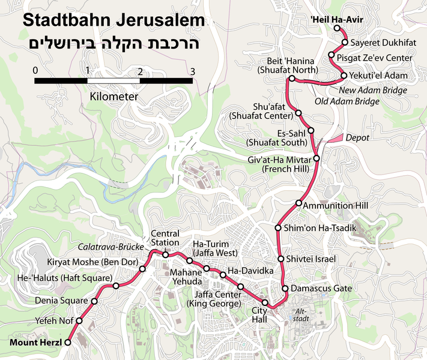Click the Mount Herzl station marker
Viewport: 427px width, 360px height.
(67, 342)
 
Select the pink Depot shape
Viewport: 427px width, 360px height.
(335, 138)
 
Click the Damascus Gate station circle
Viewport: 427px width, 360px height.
(285, 289)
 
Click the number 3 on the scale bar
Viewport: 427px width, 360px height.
(192, 71)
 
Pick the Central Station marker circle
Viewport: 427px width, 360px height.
(165, 255)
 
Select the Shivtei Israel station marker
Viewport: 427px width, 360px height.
(280, 259)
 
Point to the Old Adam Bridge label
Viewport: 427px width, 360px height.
(347, 101)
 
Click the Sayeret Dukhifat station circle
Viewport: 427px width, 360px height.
(345, 43)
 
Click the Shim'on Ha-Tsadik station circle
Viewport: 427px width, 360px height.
(278, 228)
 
